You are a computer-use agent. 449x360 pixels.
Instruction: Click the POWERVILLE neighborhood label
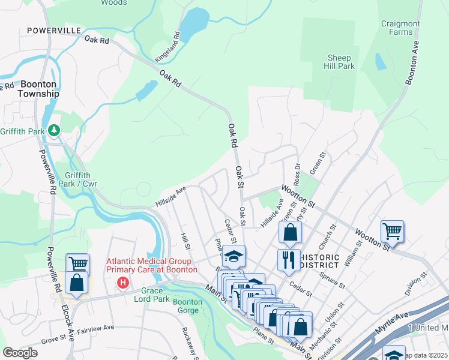pyautogui.click(x=52, y=30)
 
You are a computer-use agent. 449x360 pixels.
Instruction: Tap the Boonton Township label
pyautogui.click(x=38, y=89)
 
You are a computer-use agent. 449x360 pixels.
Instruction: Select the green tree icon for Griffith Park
pyautogui.click(x=54, y=130)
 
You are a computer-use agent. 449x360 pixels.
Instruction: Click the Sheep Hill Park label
pyautogui.click(x=339, y=62)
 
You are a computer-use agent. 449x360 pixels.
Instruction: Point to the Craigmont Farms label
pyautogui.click(x=400, y=28)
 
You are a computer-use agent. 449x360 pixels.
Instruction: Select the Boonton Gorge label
pyautogui.click(x=187, y=306)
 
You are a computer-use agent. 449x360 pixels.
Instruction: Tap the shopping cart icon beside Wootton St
pyautogui.click(x=391, y=230)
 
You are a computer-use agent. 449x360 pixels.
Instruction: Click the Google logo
pyautogui.click(x=20, y=353)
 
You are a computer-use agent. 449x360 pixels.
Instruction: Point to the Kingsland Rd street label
pyautogui.click(x=171, y=47)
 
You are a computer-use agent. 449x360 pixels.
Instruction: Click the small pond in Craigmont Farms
pyautogui.click(x=381, y=61)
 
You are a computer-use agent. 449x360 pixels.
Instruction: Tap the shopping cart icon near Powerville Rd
pyautogui.click(x=77, y=263)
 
